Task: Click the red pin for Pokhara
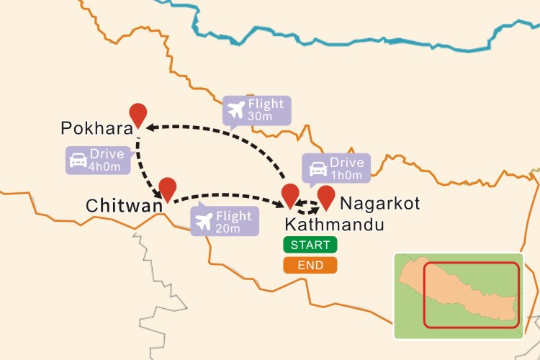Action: pos(138,114)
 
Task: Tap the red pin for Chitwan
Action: pos(168,189)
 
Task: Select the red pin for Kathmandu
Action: pos(290,195)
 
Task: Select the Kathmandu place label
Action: pos(334,224)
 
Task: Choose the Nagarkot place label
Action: pos(379,204)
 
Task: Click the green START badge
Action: pos(310,245)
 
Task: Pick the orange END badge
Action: pos(310,265)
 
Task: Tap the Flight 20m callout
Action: pos(224,222)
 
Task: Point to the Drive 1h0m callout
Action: pos(336,168)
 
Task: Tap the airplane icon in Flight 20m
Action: pos(204,222)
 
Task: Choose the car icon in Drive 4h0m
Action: pos(78,161)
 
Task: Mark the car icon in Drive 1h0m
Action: pos(317,168)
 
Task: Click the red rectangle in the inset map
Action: pos(471,295)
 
